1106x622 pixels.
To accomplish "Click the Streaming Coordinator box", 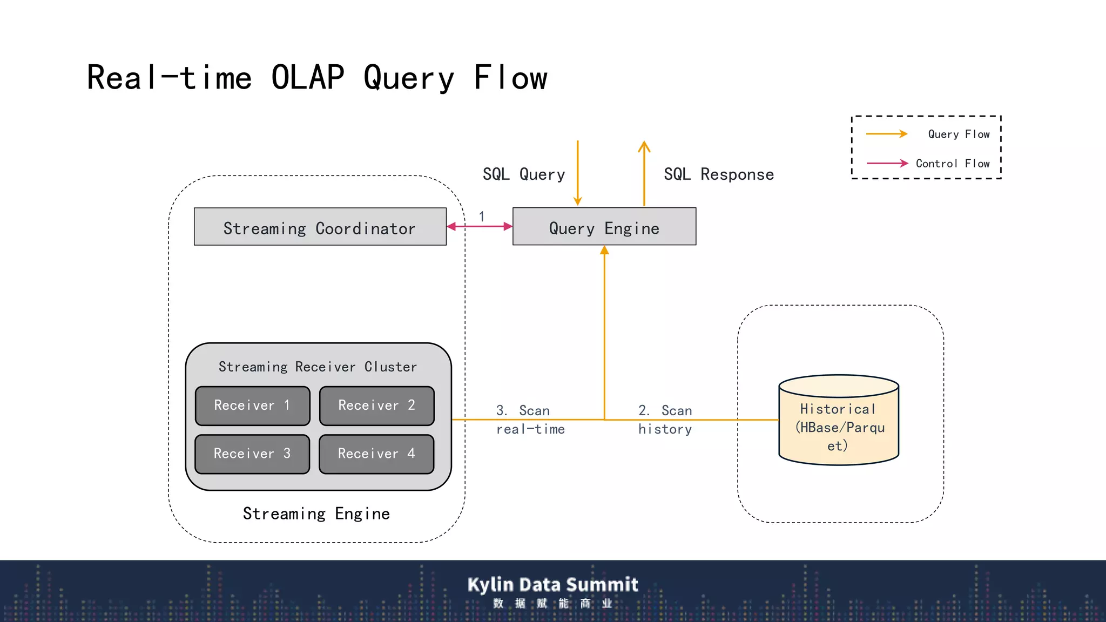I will (320, 227).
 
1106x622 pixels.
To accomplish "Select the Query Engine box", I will (604, 227).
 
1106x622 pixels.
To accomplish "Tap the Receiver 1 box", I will (252, 405).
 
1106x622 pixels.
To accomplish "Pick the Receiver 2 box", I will (376, 405).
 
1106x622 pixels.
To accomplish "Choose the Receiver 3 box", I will (252, 454).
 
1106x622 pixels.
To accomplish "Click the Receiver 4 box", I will (376, 454).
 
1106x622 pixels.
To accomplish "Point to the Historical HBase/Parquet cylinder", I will (838, 421).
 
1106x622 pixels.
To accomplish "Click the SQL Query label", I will (523, 174).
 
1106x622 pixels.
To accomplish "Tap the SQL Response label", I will (718, 174).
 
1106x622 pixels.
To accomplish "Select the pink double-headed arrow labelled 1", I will (480, 227).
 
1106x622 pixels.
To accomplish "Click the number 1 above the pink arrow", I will (481, 217).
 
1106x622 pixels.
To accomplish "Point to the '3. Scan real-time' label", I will (530, 420).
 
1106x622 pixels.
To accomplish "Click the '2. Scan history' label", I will (665, 420).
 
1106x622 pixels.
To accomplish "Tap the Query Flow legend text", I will (959, 134).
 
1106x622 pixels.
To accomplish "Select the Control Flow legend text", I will (953, 164).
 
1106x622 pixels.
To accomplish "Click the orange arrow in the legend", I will (886, 134).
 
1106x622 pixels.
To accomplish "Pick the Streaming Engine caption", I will (316, 513).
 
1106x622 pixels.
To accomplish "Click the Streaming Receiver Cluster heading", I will (318, 367).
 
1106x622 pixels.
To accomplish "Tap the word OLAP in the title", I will (307, 77).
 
